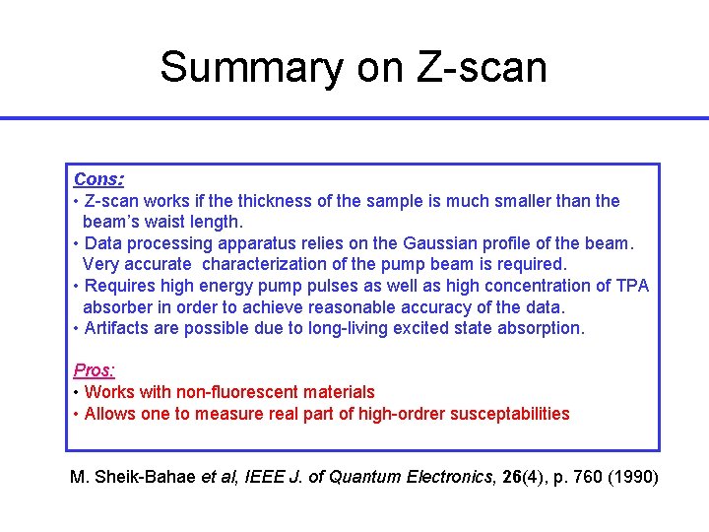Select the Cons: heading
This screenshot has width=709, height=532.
pyautogui.click(x=98, y=179)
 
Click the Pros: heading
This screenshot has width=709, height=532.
pyautogui.click(x=95, y=370)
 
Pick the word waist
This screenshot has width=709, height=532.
pyautogui.click(x=170, y=223)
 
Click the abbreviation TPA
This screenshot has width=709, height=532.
pyautogui.click(x=630, y=286)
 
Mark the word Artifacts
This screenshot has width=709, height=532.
pyautogui.click(x=120, y=328)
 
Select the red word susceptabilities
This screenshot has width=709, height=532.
pyautogui.click(x=509, y=414)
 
